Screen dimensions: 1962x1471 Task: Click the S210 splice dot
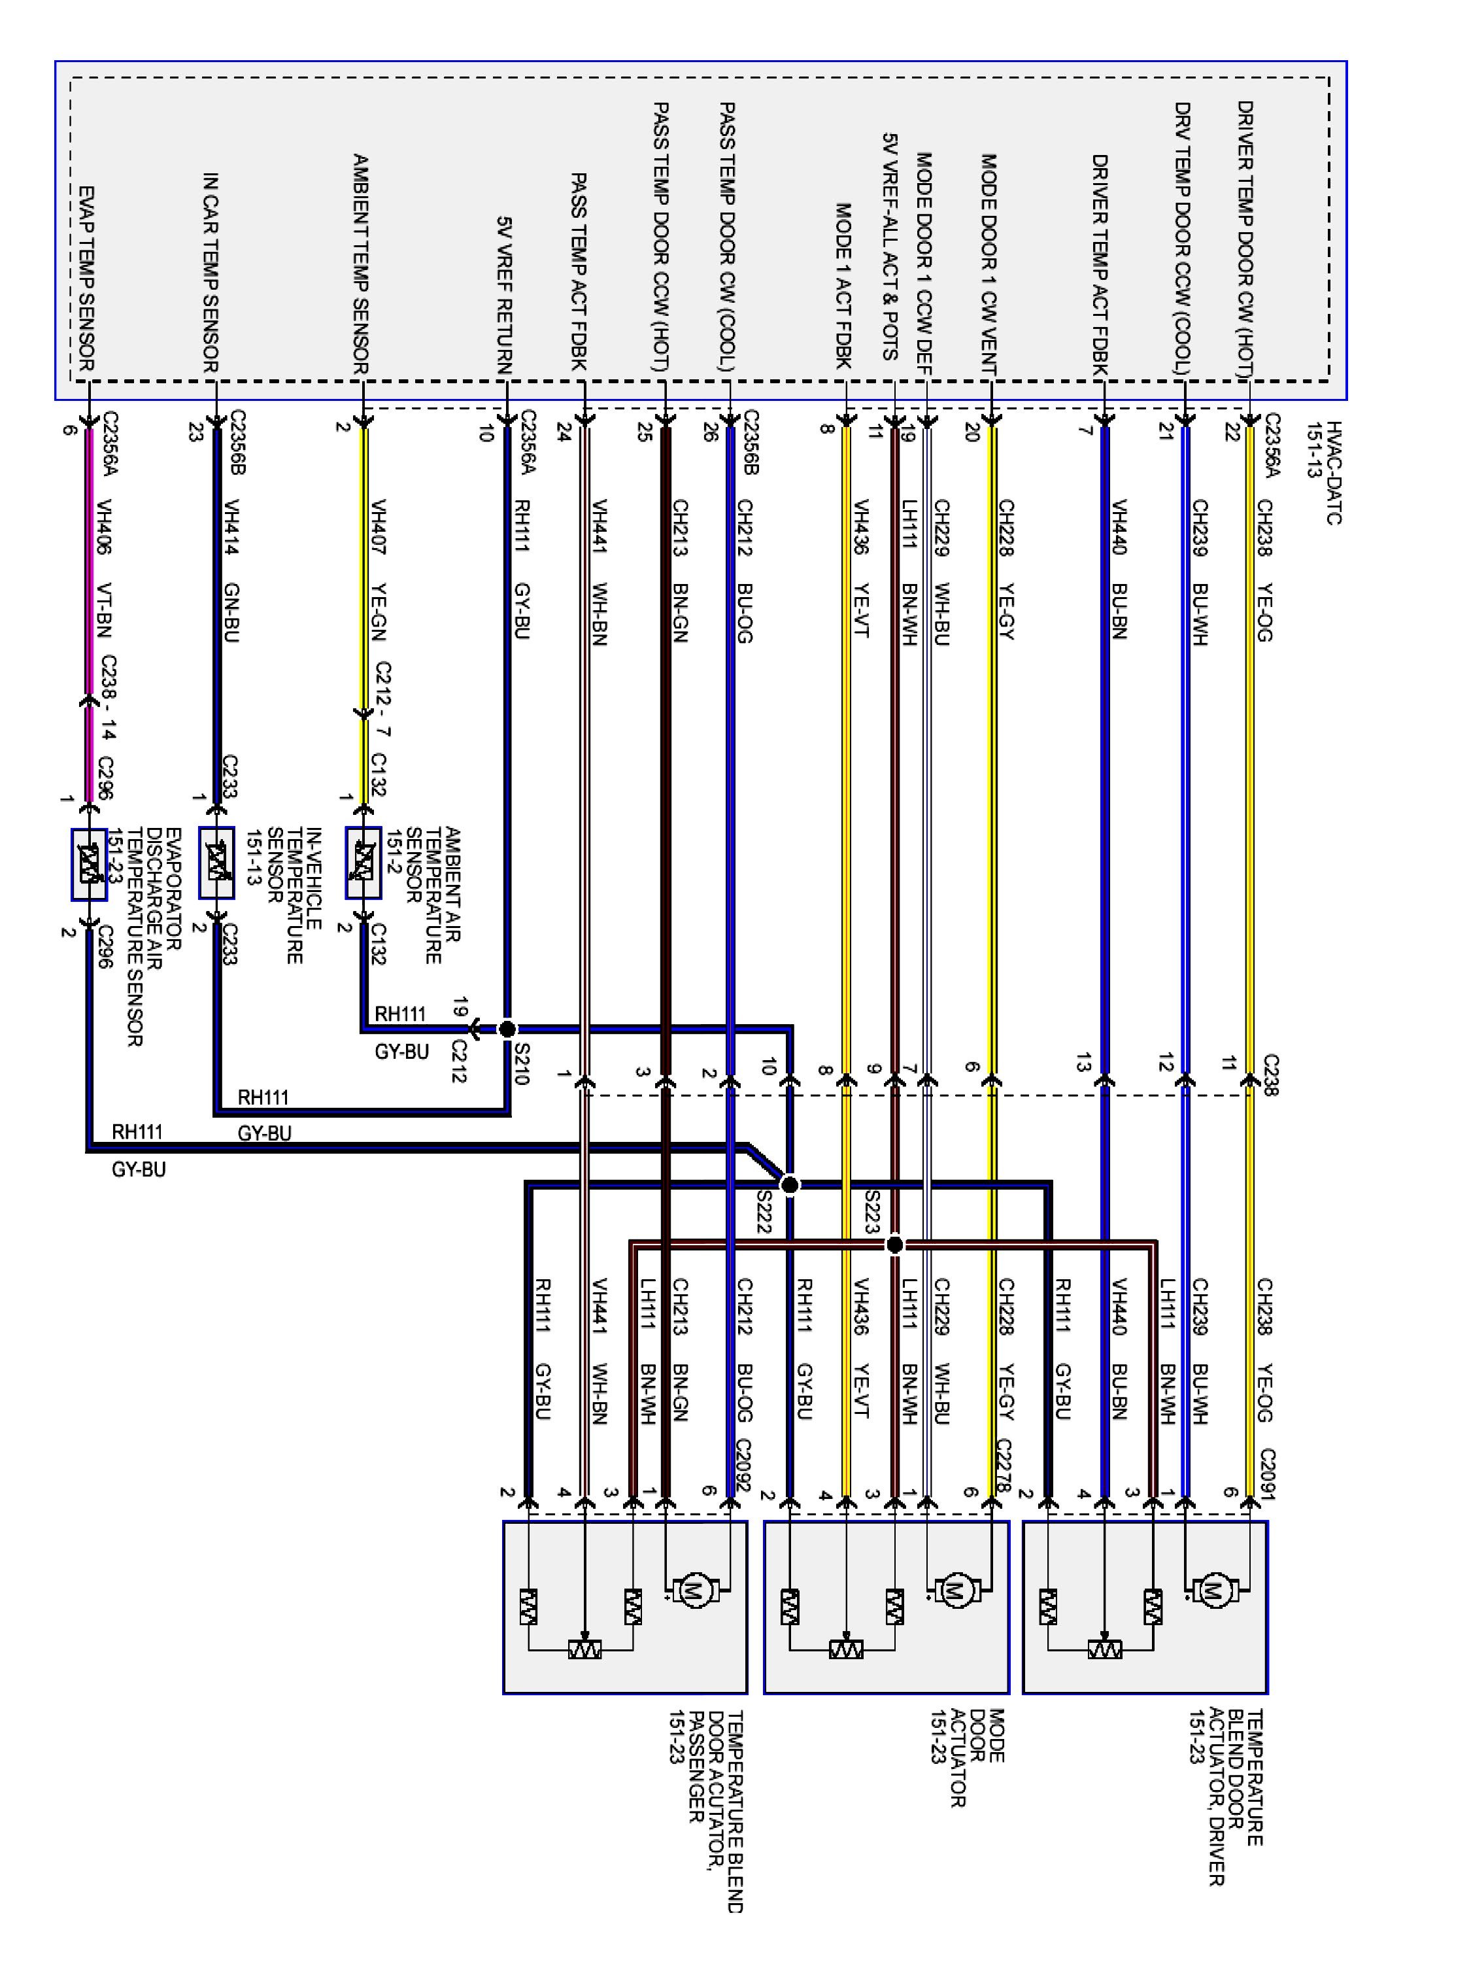coord(507,1029)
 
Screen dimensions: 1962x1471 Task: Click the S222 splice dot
coord(789,1185)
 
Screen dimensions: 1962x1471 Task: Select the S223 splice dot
coord(894,1245)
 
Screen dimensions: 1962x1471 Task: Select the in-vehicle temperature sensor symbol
coord(216,863)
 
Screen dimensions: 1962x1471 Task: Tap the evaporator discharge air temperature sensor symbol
coord(89,864)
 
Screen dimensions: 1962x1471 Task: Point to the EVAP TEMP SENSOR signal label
coord(87,279)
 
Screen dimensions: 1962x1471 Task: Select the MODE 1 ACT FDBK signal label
coord(843,286)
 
